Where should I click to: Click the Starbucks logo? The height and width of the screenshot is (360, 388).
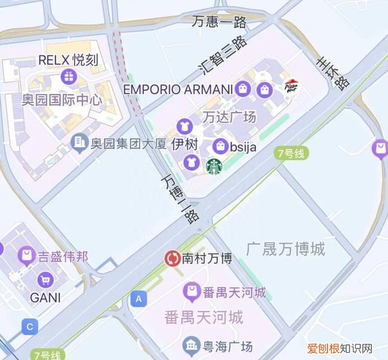214,166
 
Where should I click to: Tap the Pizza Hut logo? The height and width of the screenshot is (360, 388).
291,87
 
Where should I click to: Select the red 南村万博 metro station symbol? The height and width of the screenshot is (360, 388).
172,259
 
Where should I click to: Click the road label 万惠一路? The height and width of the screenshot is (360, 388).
219,22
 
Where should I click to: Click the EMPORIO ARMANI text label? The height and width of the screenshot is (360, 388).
178,90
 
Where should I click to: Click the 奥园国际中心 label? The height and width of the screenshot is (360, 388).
61,99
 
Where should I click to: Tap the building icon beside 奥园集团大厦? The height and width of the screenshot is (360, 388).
78,143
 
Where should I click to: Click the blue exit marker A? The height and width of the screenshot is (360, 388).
139,299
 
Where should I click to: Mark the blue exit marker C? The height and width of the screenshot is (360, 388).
28,327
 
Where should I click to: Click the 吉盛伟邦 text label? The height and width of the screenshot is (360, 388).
63,256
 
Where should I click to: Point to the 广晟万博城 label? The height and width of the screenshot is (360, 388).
286,248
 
